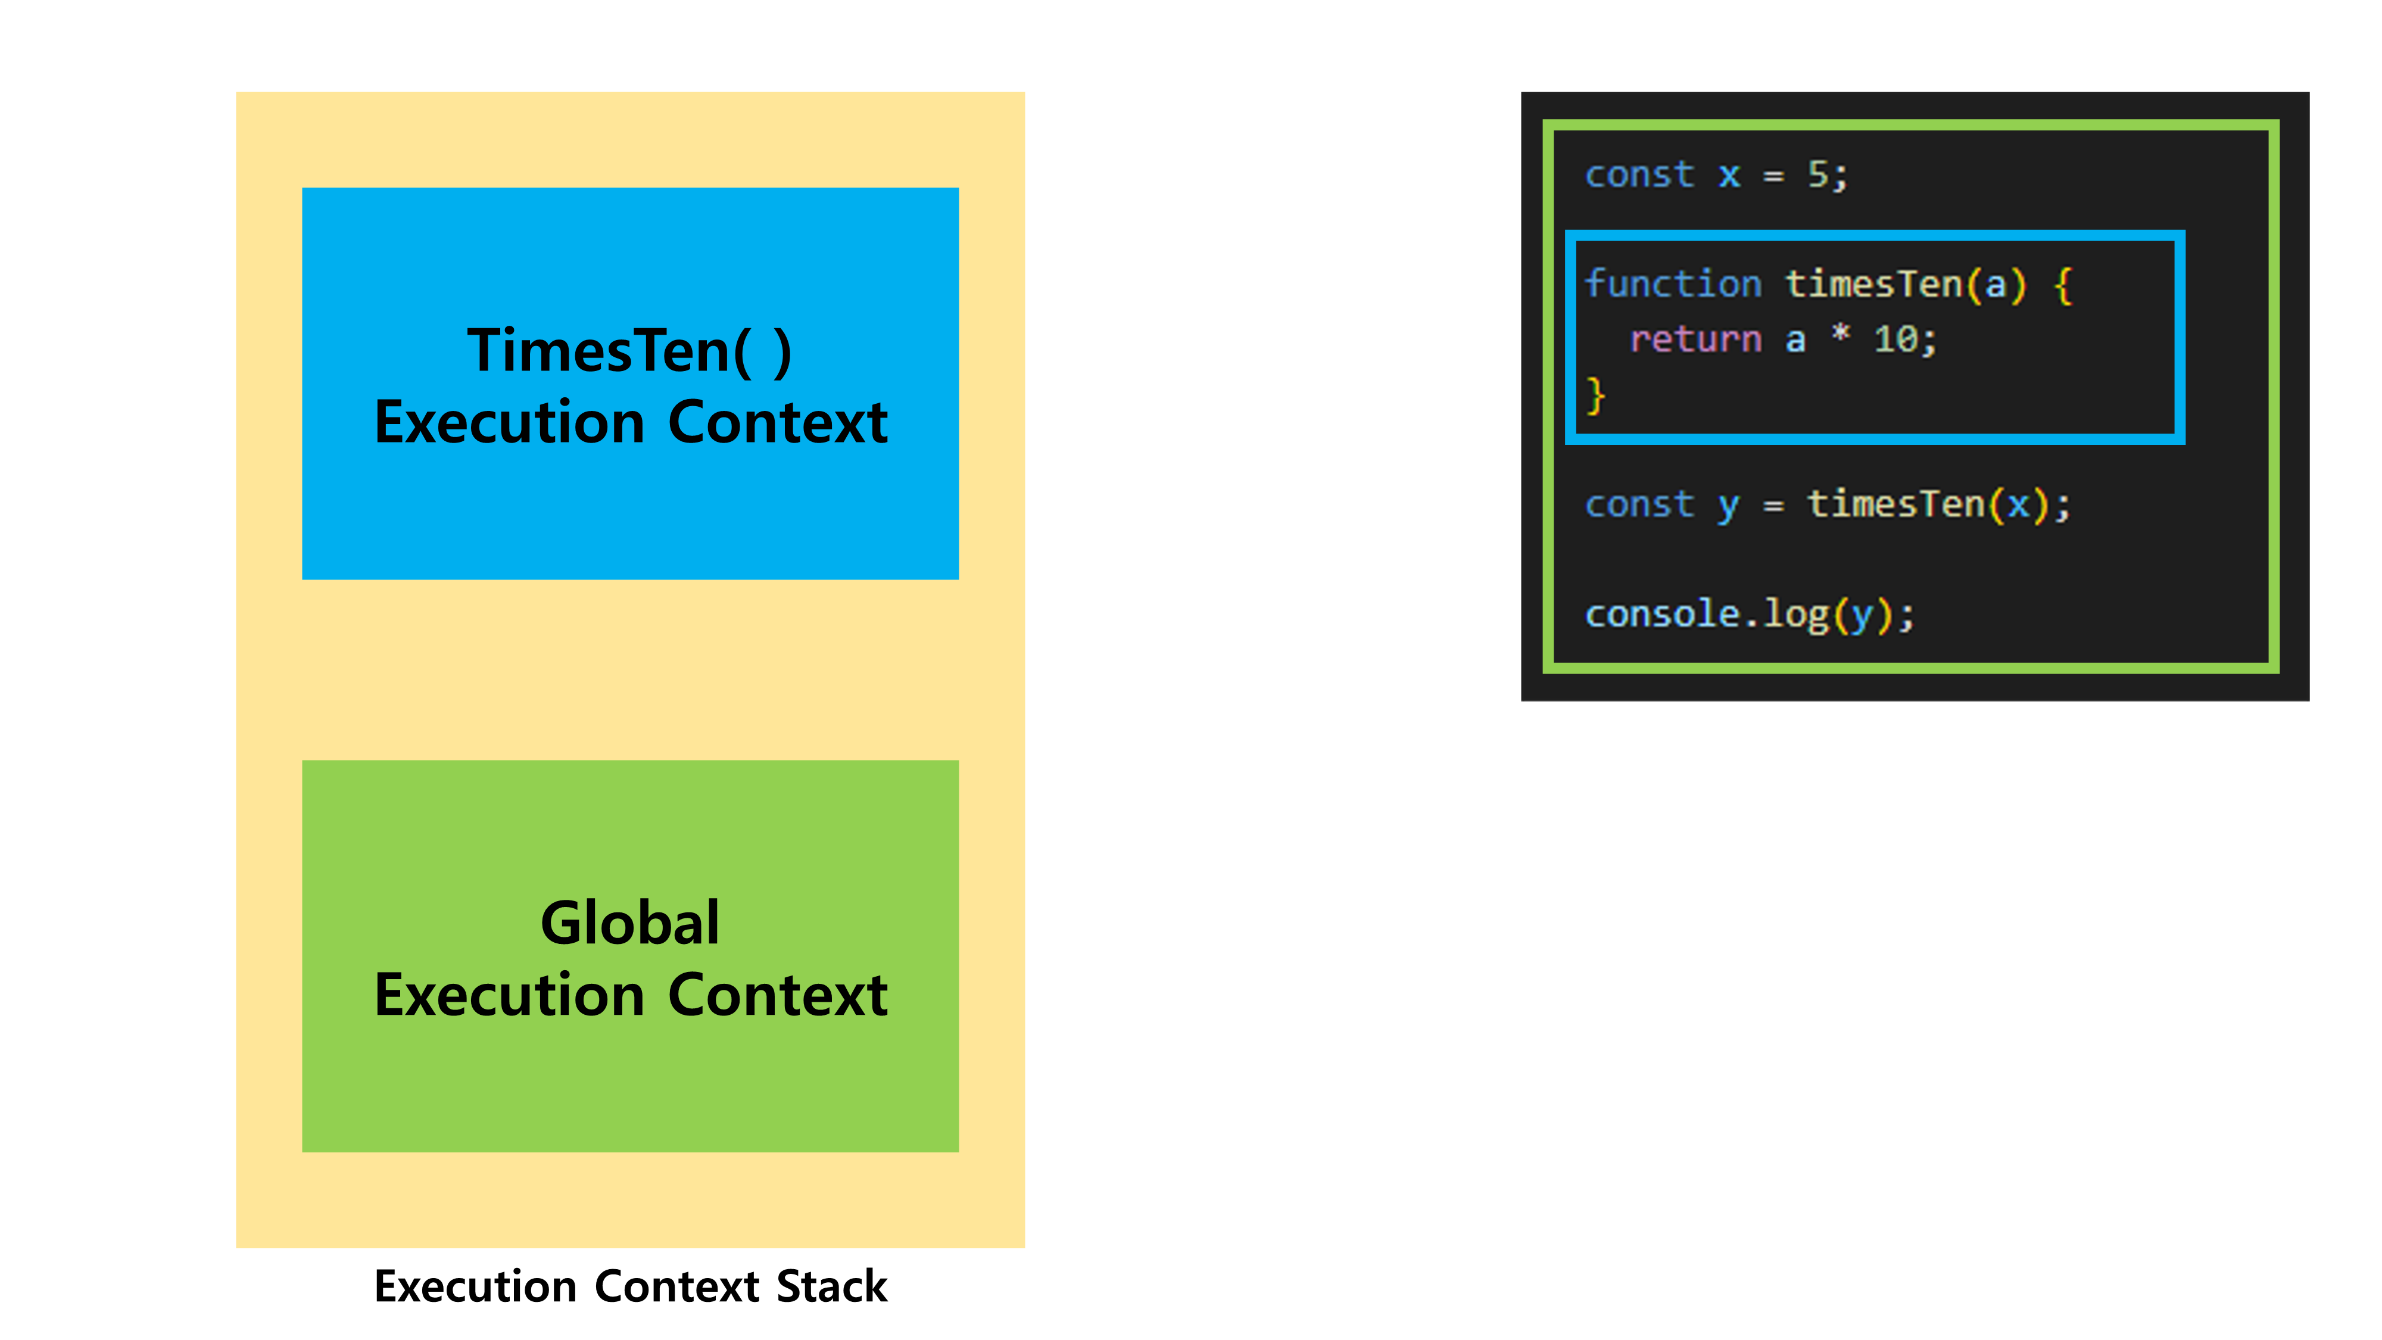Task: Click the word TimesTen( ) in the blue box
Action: point(629,351)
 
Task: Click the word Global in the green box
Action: point(629,923)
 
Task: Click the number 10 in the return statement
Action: point(1895,339)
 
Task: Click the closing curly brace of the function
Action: point(1595,396)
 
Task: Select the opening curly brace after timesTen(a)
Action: point(2062,285)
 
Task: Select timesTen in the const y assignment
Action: point(1895,504)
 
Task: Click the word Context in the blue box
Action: point(778,423)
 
